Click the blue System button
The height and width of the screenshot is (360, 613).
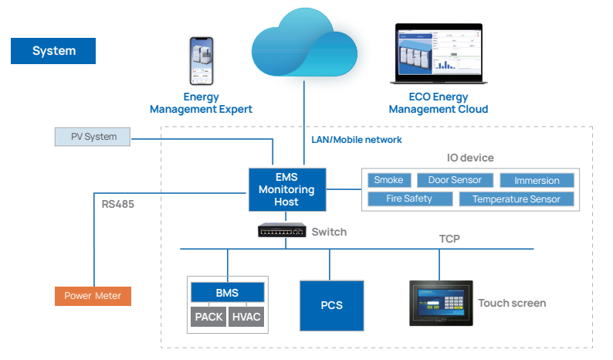[x=53, y=51]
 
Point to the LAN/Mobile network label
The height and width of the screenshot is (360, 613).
[x=356, y=140]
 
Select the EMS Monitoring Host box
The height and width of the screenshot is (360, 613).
[x=286, y=189]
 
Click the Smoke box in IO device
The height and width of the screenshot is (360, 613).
[x=388, y=180]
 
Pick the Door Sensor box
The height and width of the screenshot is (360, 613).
[x=455, y=180]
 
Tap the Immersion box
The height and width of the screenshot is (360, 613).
[x=536, y=180]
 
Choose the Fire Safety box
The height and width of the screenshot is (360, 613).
[x=409, y=199]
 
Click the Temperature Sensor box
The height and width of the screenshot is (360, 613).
[x=516, y=199]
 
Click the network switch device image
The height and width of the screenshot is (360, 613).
[x=282, y=230]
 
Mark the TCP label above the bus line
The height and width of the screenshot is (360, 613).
[x=449, y=239]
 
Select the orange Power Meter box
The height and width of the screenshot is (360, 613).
[x=93, y=295]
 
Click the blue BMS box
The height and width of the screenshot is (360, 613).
[x=227, y=293]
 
